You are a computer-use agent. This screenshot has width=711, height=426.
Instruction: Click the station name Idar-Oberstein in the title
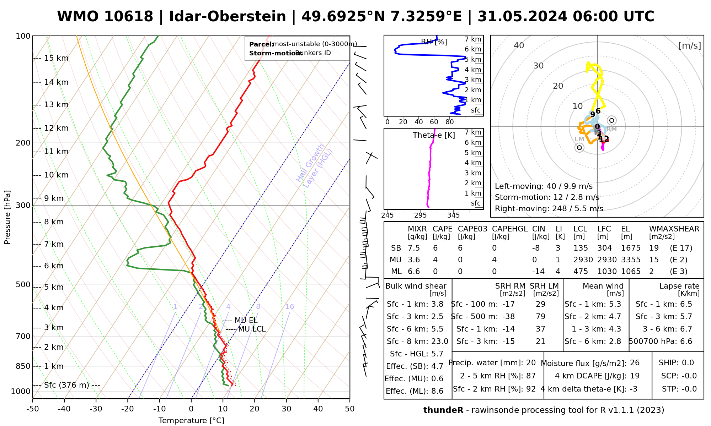228,17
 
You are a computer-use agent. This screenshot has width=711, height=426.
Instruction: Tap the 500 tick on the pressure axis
23,284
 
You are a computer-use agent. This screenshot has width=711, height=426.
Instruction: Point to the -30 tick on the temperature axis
96,409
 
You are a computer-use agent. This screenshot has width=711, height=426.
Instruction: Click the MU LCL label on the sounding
252,329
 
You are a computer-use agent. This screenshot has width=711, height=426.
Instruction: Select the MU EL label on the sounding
246,321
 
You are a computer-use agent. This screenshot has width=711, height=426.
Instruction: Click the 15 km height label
56,58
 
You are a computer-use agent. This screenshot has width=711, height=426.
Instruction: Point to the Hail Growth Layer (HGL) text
314,165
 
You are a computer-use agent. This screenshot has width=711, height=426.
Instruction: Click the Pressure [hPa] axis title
7,217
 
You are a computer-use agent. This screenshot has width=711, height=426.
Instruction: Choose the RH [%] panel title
434,42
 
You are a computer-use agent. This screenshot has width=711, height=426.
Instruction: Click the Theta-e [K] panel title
434,135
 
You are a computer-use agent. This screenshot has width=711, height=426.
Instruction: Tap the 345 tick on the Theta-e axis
453,215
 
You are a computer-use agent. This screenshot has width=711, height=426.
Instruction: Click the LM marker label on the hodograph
579,140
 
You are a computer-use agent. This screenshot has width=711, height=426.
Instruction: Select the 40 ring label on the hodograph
519,45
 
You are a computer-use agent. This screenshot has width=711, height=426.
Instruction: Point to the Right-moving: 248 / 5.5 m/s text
549,208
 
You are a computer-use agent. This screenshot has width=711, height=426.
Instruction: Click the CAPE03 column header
472,229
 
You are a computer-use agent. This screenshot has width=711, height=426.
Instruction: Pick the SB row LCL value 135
581,248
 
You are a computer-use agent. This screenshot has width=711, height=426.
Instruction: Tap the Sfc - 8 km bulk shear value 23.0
439,342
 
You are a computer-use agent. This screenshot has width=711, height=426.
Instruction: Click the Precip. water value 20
531,363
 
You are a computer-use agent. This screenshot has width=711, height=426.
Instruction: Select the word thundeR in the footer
443,410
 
